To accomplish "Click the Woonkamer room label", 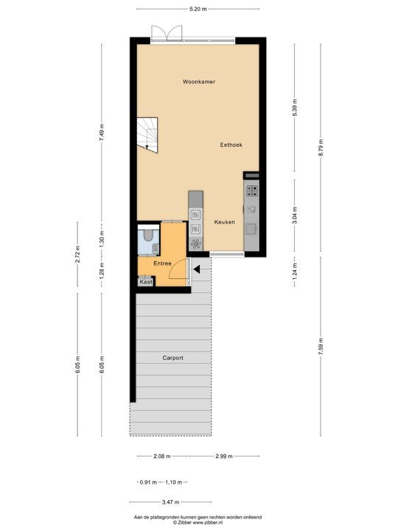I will (x=198, y=83).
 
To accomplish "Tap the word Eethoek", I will (x=231, y=145).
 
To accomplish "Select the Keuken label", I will (x=225, y=222).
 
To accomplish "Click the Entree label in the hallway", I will (x=162, y=263).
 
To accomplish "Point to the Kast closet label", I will (x=146, y=282).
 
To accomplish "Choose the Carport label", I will (x=172, y=358).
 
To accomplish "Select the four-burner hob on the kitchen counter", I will (x=251, y=191).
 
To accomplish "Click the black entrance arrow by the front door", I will (x=195, y=269).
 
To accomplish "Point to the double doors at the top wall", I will (x=166, y=32).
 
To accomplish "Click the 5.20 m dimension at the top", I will (x=198, y=9).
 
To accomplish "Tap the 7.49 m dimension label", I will (x=102, y=131).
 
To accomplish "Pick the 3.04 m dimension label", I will (x=294, y=214).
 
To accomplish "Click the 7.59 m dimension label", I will (x=320, y=347).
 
